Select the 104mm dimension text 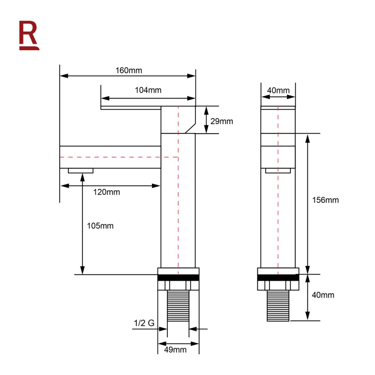(148, 90)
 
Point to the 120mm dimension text (107, 192)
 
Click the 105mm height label (100, 226)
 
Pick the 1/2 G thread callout (144, 323)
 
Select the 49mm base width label (175, 349)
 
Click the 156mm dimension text (325, 200)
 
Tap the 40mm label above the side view (278, 90)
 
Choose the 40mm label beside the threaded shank (322, 295)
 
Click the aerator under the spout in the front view (81, 171)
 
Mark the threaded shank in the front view (178, 306)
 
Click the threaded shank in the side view (278, 306)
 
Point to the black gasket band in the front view (178, 278)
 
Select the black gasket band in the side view (278, 278)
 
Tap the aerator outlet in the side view (278, 171)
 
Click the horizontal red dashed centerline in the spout (112, 157)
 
